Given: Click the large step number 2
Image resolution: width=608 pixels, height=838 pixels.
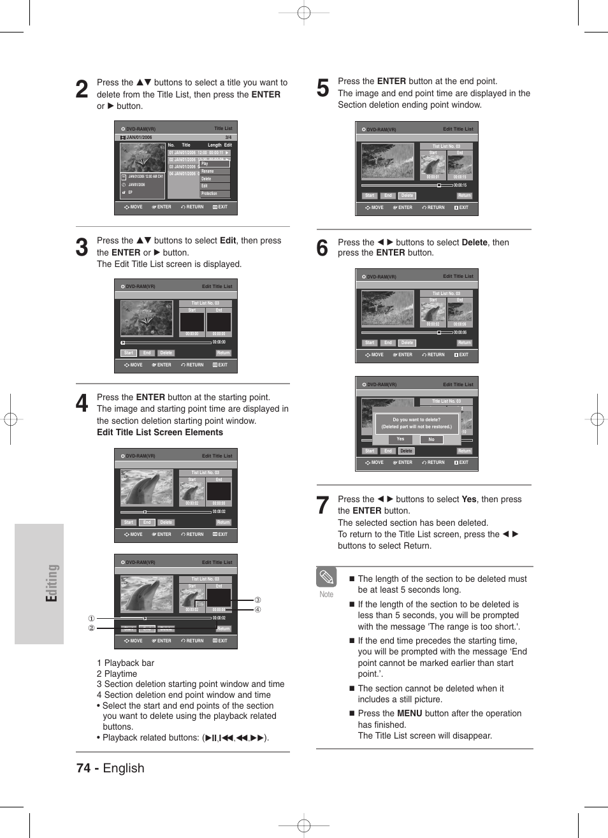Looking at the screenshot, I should click(82, 89).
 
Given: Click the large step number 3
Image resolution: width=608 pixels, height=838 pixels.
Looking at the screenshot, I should click(82, 247).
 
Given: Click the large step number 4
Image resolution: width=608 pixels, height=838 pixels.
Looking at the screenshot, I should click(82, 403).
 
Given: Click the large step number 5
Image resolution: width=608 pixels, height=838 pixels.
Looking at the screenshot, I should click(323, 88).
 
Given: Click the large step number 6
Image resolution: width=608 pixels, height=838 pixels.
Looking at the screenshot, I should click(322, 248).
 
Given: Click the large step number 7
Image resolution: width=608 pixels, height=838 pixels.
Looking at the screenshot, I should click(323, 505).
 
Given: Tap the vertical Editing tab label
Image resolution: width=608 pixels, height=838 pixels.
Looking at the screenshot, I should click(52, 582).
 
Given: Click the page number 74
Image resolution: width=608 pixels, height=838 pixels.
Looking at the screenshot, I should click(83, 768).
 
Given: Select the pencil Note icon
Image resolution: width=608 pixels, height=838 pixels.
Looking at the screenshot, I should click(326, 577).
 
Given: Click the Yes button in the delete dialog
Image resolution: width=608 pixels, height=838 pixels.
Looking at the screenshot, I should click(400, 439).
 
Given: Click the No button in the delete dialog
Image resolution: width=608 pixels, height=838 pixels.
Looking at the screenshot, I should click(431, 439).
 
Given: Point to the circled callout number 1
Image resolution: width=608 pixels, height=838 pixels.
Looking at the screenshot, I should click(91, 618).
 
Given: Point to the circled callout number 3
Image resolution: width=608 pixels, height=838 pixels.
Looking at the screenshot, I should click(257, 600).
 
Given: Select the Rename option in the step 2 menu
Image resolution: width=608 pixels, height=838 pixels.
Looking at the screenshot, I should click(208, 171).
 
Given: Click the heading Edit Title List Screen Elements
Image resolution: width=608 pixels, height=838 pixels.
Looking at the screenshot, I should click(160, 432).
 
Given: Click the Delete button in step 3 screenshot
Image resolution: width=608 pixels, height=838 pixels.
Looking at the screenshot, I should click(166, 353).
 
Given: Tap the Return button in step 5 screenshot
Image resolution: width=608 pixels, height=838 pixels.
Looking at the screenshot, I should click(464, 196).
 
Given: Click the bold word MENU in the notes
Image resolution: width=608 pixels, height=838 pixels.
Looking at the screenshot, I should click(409, 713).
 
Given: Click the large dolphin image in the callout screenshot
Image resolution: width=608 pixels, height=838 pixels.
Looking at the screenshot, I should click(147, 593).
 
